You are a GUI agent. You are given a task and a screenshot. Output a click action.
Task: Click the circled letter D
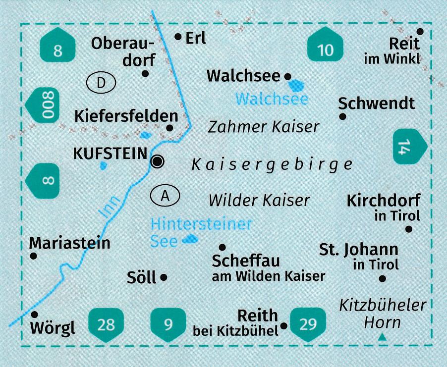click(x=101, y=83)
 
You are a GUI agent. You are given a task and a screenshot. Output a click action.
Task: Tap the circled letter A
click(x=165, y=196)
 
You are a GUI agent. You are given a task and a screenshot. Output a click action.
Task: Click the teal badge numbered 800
click(x=45, y=105)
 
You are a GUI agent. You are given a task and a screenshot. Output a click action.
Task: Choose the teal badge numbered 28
click(x=106, y=324)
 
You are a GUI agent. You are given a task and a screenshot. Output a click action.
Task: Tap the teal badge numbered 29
click(x=308, y=324)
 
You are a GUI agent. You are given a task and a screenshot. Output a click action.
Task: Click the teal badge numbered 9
click(x=168, y=324)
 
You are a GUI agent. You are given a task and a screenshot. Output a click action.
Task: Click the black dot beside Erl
click(x=178, y=36)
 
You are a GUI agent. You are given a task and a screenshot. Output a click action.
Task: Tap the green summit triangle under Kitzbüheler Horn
click(x=382, y=338)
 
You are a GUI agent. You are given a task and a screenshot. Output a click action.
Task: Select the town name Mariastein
click(x=69, y=243)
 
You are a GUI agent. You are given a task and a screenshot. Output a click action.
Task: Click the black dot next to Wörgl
click(x=34, y=314)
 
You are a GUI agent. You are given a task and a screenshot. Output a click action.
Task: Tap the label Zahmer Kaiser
click(x=263, y=127)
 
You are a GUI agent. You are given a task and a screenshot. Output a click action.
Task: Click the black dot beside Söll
click(x=164, y=278)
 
